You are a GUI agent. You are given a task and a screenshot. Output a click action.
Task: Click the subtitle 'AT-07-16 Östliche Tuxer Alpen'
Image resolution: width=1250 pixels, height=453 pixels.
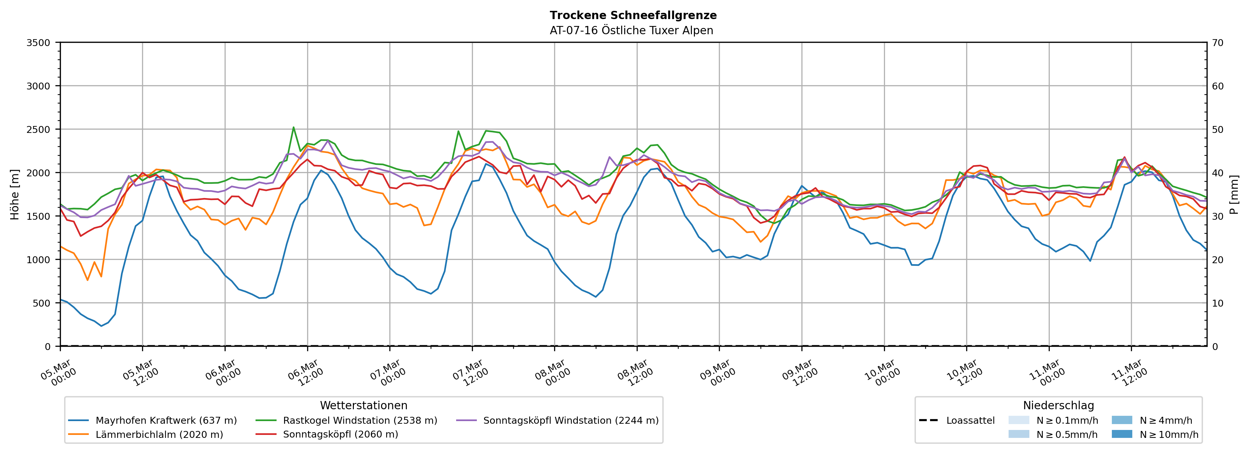pyautogui.click(x=631, y=31)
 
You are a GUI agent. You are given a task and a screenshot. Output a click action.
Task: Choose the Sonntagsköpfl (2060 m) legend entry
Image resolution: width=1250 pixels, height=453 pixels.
pyautogui.click(x=340, y=435)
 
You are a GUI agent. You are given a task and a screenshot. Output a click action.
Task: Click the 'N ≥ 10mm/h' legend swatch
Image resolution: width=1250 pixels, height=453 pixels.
pyautogui.click(x=1121, y=434)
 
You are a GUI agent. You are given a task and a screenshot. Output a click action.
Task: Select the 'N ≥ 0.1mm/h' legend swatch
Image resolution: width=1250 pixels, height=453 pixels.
pyautogui.click(x=1018, y=420)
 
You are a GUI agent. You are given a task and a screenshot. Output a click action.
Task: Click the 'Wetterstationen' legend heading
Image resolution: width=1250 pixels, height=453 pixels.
pyautogui.click(x=363, y=405)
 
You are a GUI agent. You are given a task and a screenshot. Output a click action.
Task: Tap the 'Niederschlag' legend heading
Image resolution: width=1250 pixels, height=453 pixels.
pyautogui.click(x=1058, y=405)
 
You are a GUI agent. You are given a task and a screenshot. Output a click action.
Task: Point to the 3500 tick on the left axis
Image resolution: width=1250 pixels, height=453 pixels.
pyautogui.click(x=38, y=43)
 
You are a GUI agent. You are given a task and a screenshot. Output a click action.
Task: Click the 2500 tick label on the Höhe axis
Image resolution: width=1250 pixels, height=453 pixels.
pyautogui.click(x=38, y=130)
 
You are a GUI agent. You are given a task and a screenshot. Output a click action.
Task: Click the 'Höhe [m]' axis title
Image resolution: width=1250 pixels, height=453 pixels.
pyautogui.click(x=15, y=194)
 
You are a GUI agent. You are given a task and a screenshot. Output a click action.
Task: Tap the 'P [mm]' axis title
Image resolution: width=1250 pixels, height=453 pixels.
pyautogui.click(x=1234, y=194)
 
